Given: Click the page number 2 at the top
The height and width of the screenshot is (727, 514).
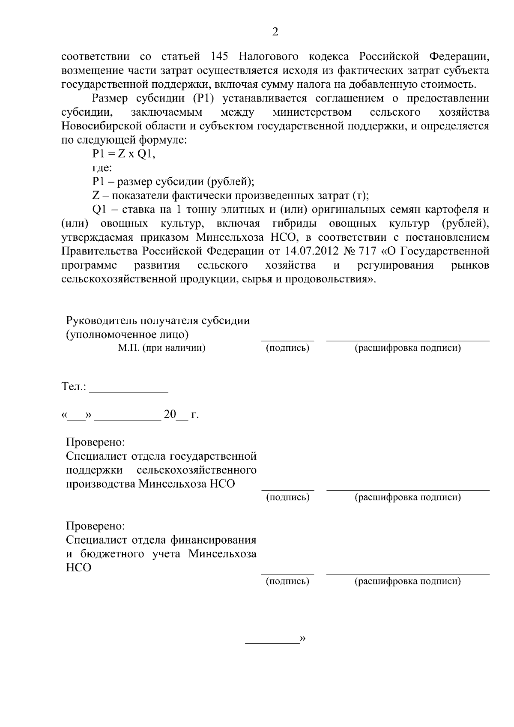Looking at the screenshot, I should (x=275, y=32).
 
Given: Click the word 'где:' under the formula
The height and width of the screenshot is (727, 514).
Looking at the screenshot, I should (x=102, y=168).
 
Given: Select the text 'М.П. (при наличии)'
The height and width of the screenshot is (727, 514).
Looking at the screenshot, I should (x=161, y=348).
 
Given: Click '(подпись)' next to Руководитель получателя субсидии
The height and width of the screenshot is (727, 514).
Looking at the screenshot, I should (x=287, y=348).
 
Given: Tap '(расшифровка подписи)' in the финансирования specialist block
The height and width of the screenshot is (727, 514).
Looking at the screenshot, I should (x=407, y=581).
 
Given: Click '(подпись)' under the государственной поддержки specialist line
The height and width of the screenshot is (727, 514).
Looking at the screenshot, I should (x=287, y=497).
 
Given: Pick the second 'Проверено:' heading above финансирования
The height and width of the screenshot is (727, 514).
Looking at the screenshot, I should (x=96, y=526).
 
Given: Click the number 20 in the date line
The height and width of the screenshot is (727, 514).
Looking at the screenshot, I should (x=170, y=415).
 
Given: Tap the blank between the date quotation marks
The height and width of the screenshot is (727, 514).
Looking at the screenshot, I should (x=76, y=416).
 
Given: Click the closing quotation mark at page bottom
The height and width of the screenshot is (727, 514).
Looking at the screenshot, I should (x=302, y=638).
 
